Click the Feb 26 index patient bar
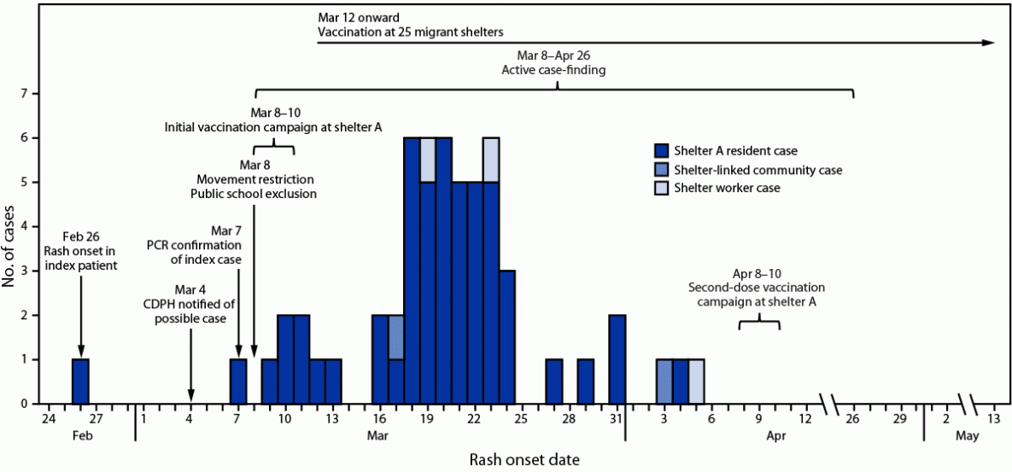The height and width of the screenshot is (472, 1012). coord(80,382)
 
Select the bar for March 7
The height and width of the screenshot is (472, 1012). coord(238,382)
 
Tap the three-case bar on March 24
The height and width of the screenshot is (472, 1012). coord(506,337)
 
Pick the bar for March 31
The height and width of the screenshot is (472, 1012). coord(617,359)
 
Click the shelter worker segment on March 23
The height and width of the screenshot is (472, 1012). coord(491,160)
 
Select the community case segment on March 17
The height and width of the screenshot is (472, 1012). coord(396,337)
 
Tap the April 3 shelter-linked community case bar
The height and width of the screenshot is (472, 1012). coord(664,382)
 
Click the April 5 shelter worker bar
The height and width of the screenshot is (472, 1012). coord(696,382)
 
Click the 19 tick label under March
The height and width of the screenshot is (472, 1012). coord(427,419)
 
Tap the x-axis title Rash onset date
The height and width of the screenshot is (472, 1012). coord(525,460)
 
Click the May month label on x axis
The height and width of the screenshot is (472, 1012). coord(967,436)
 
